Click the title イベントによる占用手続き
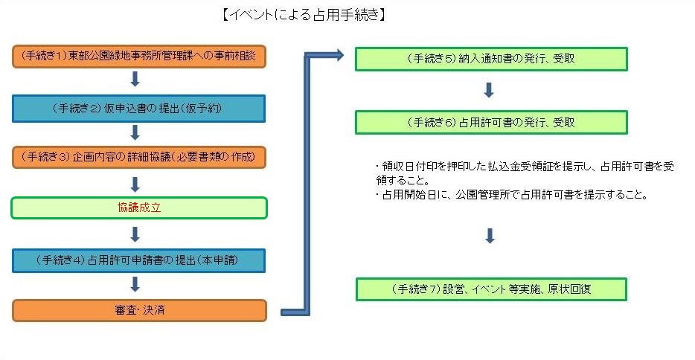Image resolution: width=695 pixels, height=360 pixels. click(303, 15)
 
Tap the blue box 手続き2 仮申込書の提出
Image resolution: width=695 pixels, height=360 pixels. click(139, 108)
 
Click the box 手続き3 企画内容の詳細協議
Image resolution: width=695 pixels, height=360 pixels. click(139, 157)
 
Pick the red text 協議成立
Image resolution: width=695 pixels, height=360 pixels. click(139, 208)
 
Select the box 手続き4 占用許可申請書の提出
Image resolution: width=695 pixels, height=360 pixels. click(139, 260)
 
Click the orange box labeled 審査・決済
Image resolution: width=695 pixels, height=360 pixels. click(139, 309)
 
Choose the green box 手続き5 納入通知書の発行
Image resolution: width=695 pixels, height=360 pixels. click(491, 59)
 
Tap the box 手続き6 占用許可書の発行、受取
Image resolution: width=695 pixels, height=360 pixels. click(491, 122)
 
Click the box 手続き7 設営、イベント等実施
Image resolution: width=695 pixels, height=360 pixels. click(491, 289)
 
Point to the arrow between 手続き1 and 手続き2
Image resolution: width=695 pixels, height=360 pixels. click(135, 80)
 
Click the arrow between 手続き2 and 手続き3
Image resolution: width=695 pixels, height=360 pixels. click(135, 132)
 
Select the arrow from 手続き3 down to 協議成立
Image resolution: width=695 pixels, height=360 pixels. click(135, 183)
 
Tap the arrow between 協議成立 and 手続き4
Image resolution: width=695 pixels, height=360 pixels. click(135, 234)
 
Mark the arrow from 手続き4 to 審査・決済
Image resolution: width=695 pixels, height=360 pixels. click(135, 284)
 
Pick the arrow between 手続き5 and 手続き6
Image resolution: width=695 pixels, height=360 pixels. click(489, 90)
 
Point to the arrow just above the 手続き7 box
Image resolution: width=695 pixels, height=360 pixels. click(489, 237)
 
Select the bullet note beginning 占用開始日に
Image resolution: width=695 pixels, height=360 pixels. click(513, 196)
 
